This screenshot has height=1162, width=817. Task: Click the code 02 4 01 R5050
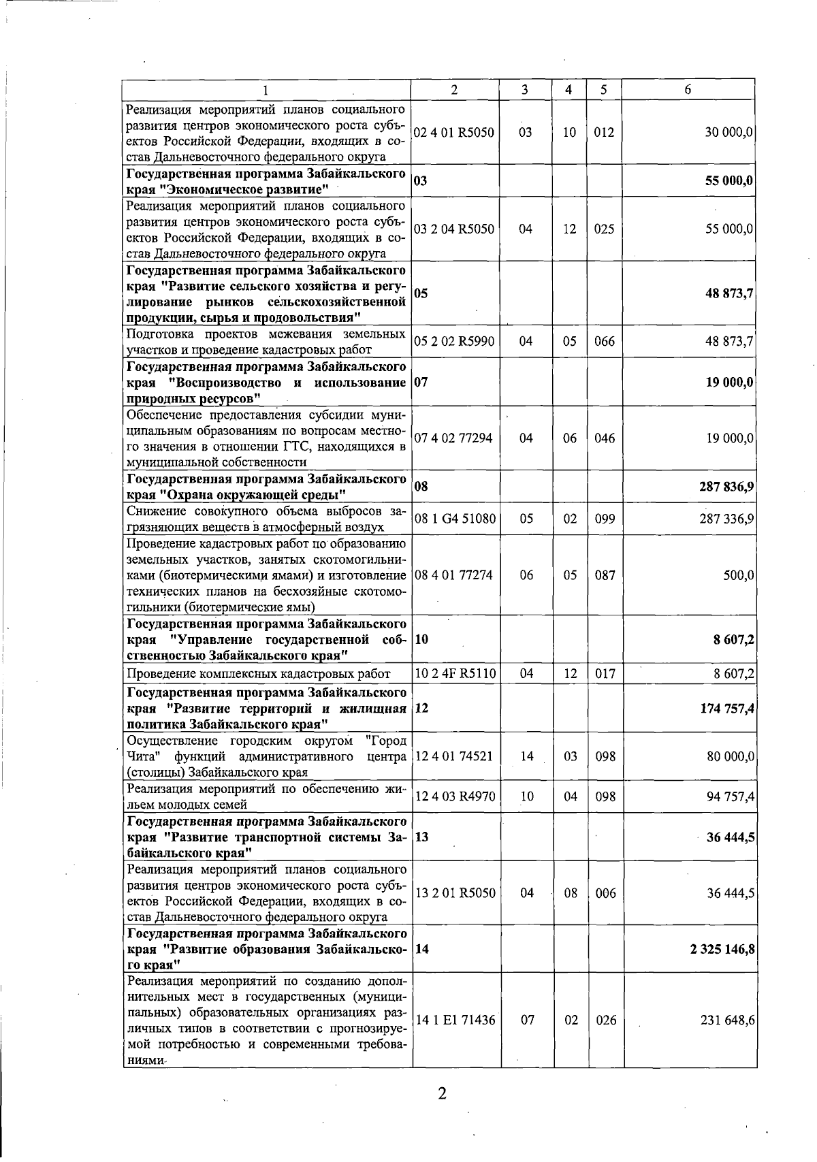[x=454, y=133]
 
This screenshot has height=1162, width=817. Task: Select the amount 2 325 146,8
[x=722, y=949]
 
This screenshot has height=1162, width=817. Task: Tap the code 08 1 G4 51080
[x=455, y=519]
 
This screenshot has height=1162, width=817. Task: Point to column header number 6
[x=688, y=90]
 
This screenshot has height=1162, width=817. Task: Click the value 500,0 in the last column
[x=739, y=575]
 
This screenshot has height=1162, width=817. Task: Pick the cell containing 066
[x=604, y=341]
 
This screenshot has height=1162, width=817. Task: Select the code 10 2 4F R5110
[x=455, y=673]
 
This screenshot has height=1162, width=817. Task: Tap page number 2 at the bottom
[x=442, y=1094]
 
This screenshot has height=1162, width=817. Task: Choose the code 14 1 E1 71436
[x=455, y=1020]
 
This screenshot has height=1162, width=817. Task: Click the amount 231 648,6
[x=727, y=1020]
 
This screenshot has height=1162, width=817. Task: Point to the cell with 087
[x=605, y=575]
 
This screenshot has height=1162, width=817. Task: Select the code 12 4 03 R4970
[x=455, y=796]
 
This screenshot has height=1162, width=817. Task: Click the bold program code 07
[x=421, y=382]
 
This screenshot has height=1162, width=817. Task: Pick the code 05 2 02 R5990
[x=454, y=341]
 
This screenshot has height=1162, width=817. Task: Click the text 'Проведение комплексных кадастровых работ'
[x=259, y=674]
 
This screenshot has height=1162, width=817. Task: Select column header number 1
[x=266, y=90]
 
